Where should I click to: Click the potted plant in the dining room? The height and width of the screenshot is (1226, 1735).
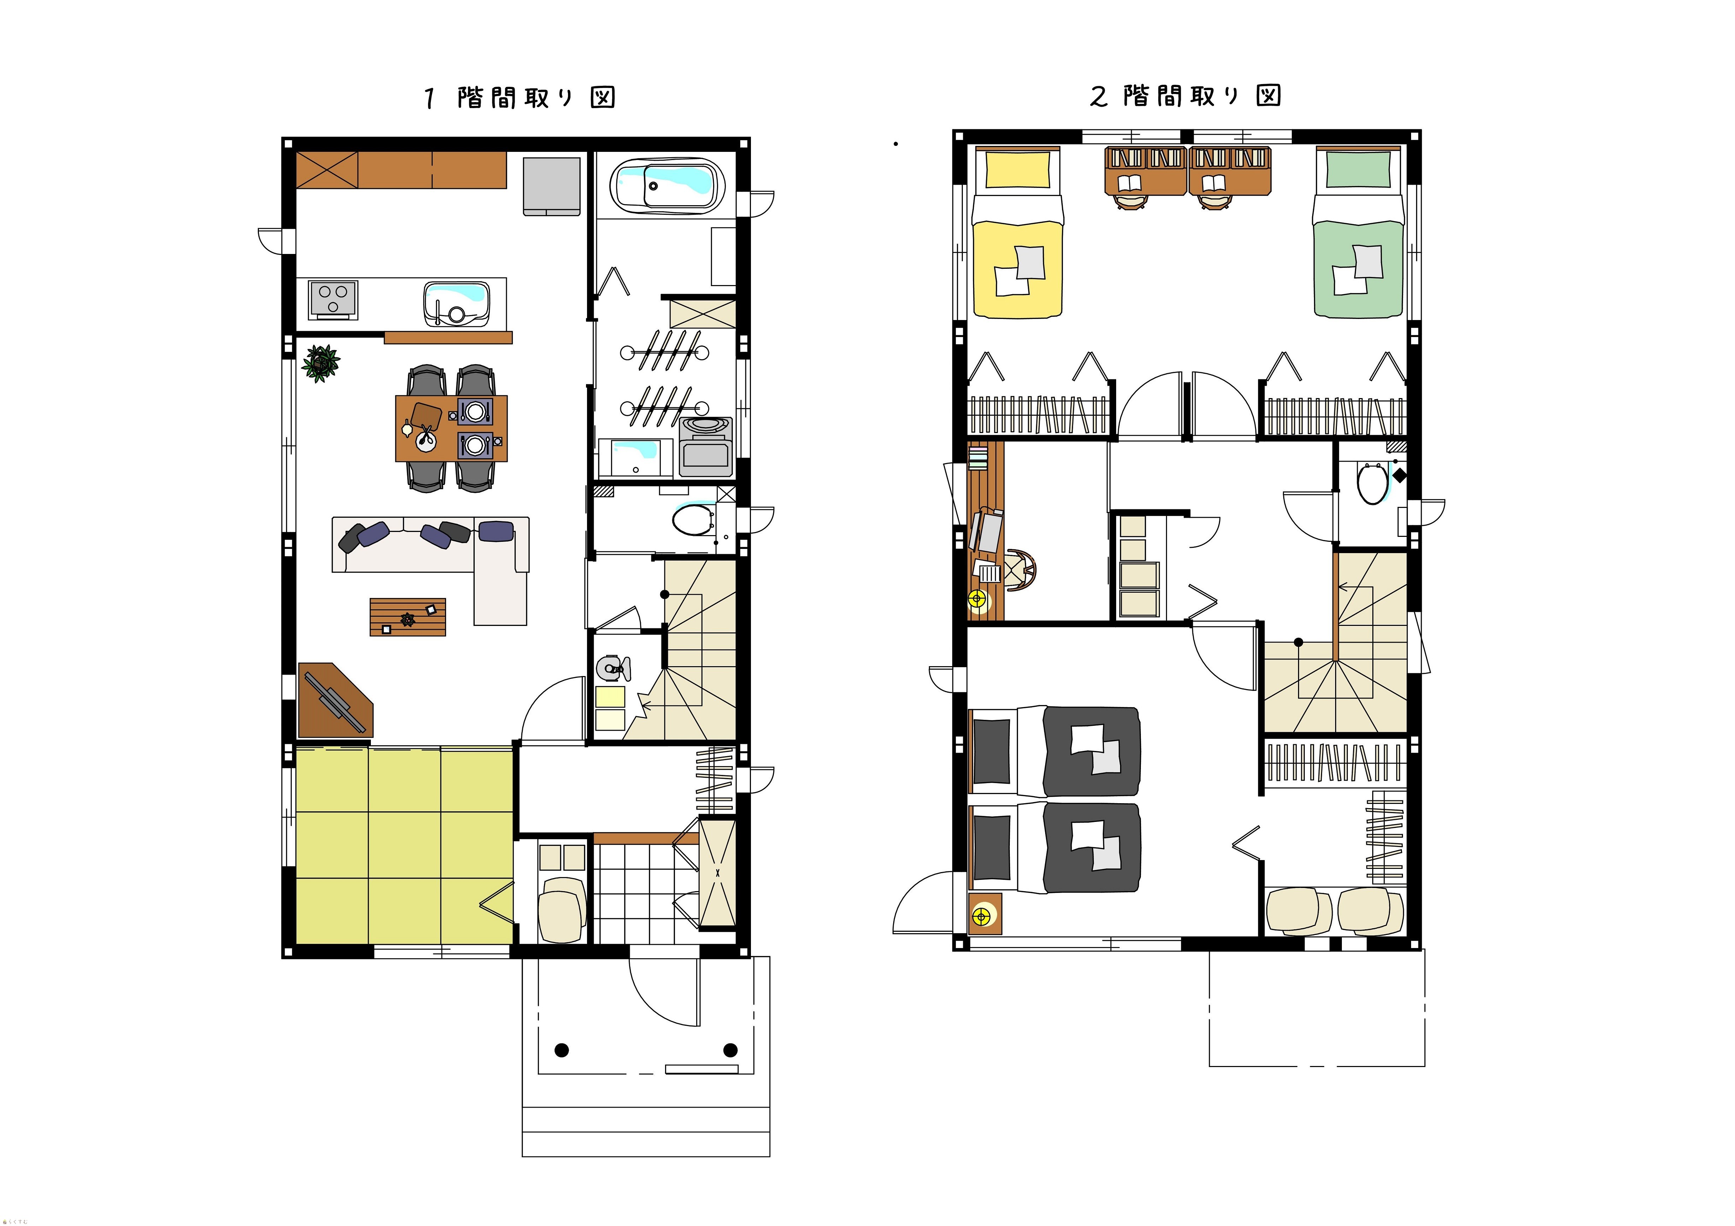[x=320, y=363]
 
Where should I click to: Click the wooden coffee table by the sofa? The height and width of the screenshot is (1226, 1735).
[x=407, y=617]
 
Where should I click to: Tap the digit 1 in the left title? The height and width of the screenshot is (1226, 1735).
[x=429, y=98]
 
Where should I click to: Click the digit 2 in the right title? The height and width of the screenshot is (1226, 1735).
[x=1099, y=97]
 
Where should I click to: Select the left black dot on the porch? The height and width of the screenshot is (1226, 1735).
[x=562, y=1050]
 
